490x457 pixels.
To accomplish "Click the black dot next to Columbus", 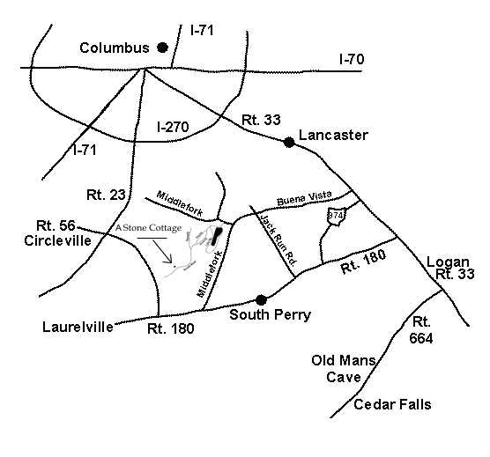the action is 162,48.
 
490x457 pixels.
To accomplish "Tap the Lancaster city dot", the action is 289,143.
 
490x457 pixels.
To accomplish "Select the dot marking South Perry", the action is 261,300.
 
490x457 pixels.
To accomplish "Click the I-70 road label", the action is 352,59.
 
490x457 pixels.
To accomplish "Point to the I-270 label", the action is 173,127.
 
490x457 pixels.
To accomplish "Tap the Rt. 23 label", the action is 106,195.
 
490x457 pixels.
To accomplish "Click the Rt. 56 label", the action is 56,225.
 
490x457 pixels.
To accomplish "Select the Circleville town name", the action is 58,240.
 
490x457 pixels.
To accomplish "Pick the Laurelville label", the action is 78,327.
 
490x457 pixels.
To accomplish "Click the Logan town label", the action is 448,262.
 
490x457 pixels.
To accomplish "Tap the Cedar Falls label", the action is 392,404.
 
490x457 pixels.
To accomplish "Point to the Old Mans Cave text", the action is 344,369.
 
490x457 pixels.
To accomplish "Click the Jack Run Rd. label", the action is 278,240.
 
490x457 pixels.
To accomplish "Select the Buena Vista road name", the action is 304,198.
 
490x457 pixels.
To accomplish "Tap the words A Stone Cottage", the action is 148,228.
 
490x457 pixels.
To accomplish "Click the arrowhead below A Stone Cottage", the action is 169,260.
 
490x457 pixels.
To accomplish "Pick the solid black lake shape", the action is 216,236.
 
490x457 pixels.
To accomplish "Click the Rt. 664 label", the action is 421,330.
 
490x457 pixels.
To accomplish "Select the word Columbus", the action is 115,48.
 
